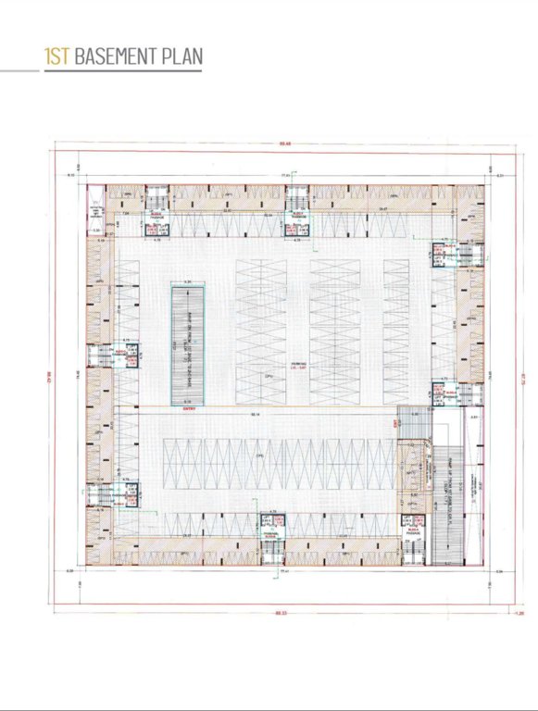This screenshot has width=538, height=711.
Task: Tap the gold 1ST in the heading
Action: [x=56, y=56]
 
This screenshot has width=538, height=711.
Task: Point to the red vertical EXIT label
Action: [x=394, y=424]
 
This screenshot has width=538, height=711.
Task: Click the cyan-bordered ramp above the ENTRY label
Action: [x=188, y=343]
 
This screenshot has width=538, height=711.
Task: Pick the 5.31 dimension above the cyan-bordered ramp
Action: [x=188, y=281]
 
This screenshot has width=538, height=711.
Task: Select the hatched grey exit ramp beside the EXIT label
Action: [x=414, y=424]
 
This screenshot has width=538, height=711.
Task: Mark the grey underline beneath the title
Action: [x=102, y=70]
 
